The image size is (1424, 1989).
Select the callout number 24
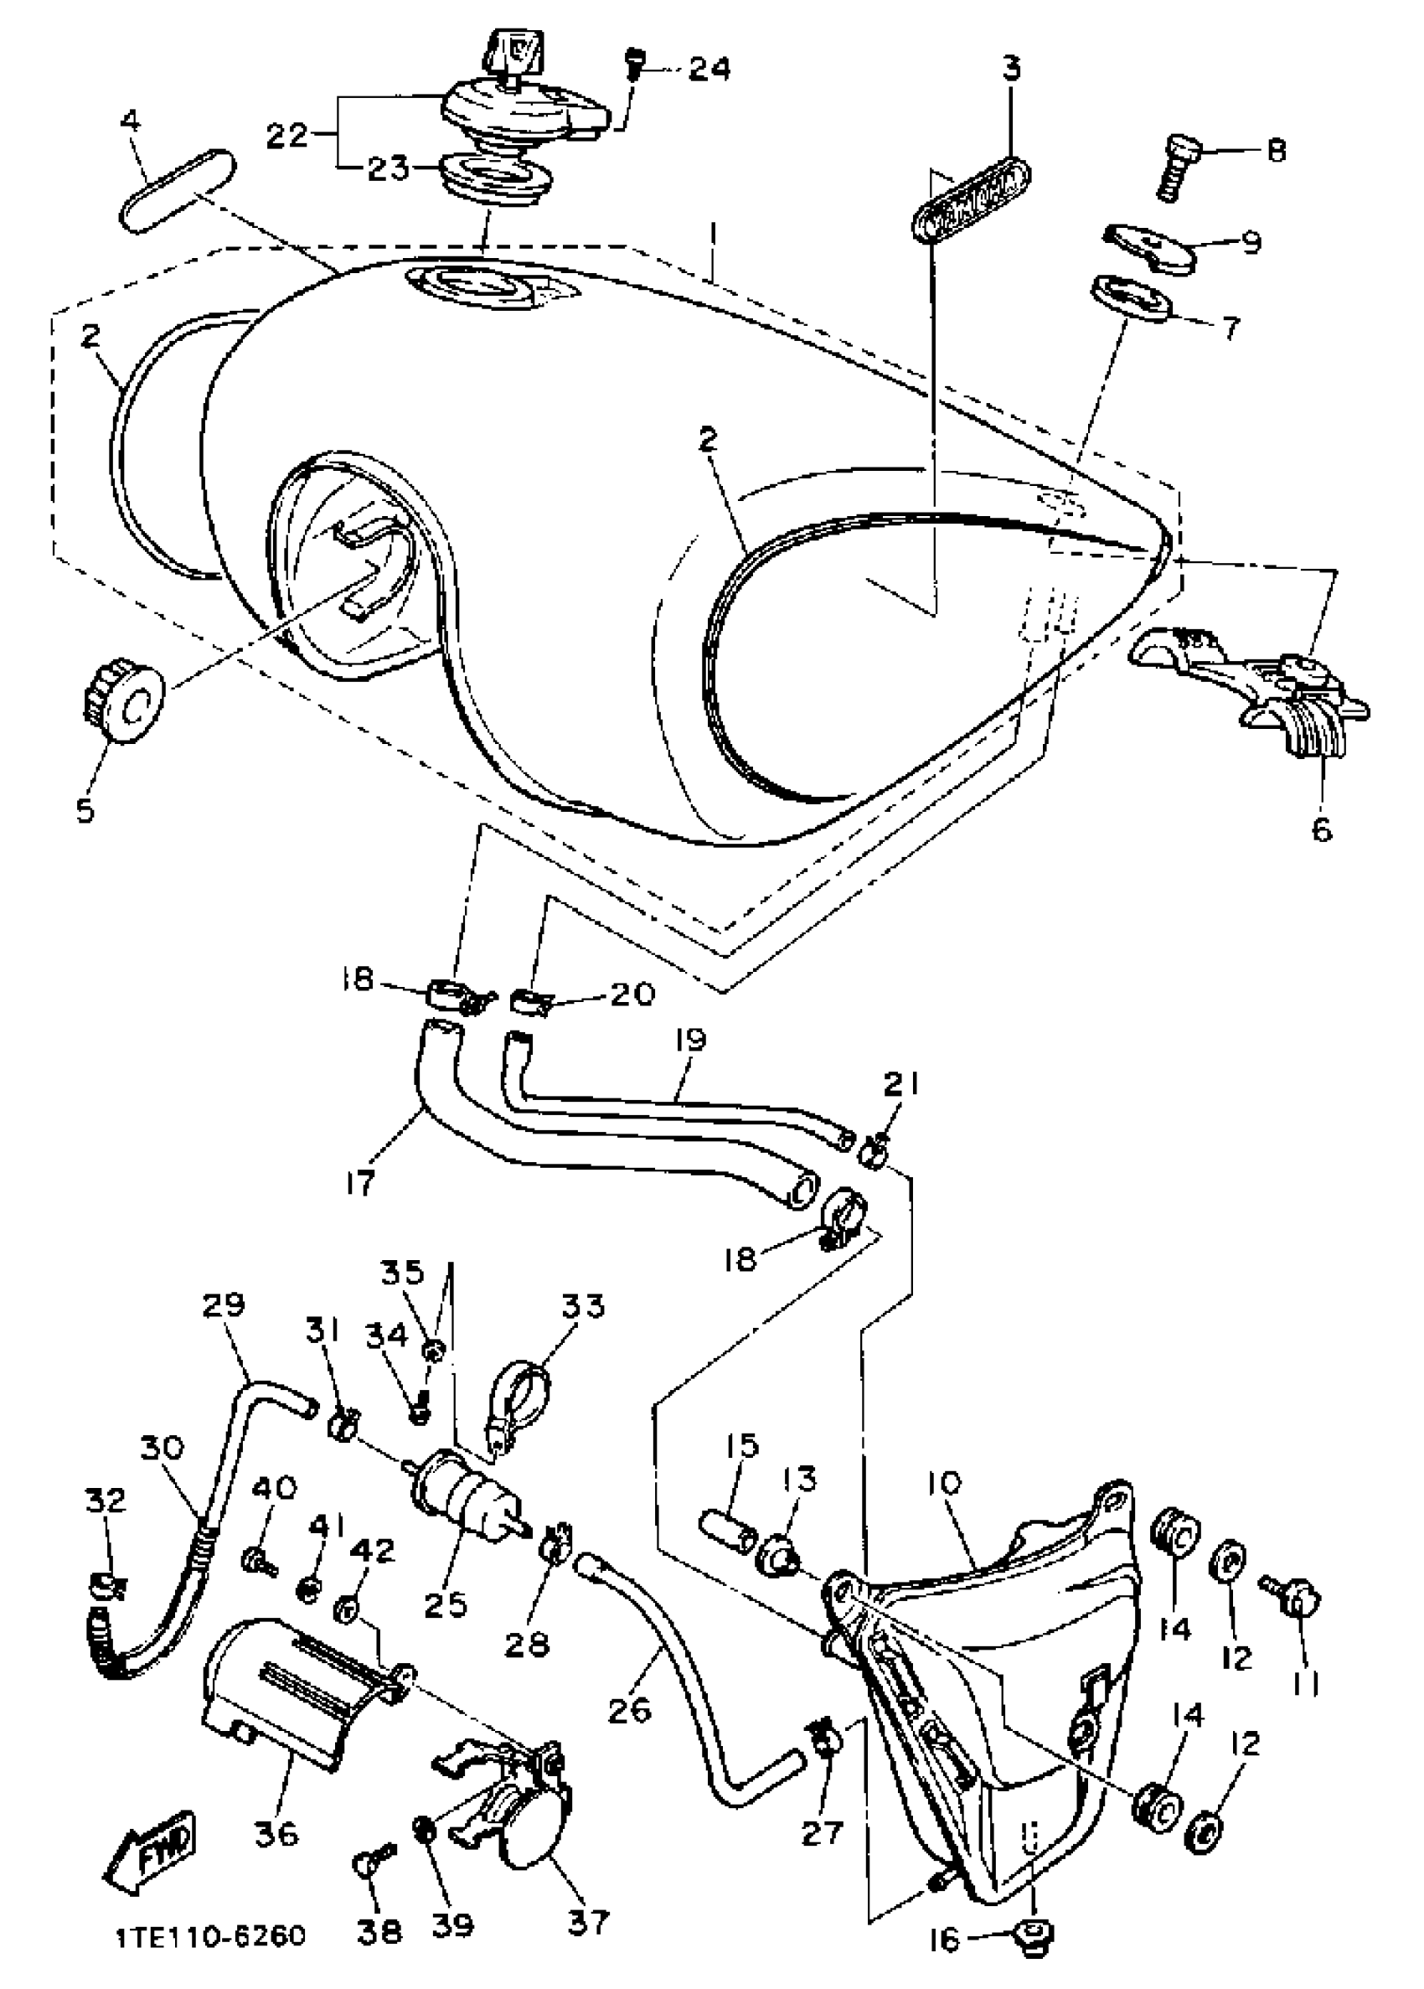click(708, 69)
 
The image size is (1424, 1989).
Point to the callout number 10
click(943, 1483)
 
